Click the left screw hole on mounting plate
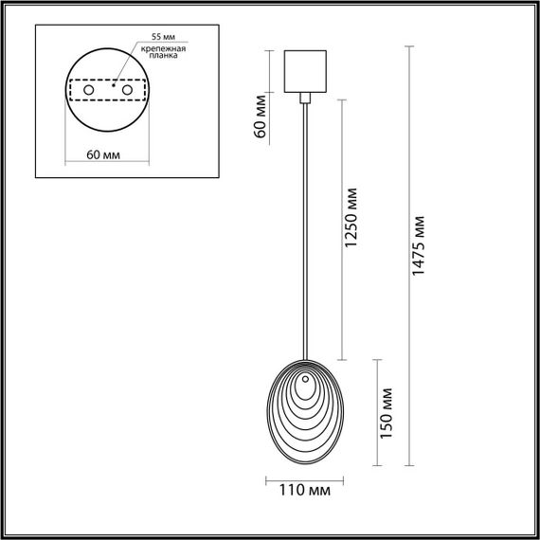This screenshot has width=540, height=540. click(89, 90)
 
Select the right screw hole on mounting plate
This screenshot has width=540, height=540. click(125, 90)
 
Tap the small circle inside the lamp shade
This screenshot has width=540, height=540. click(305, 384)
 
